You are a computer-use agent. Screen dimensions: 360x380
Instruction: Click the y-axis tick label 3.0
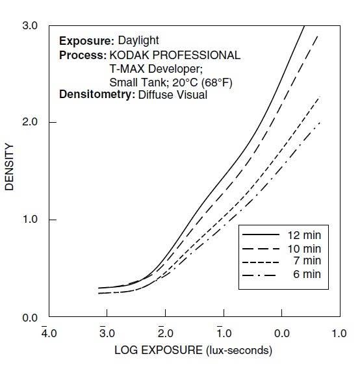tap(30, 26)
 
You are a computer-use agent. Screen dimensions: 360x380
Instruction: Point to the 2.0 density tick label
tap(30, 121)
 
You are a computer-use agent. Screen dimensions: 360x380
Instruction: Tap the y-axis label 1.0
tap(30, 220)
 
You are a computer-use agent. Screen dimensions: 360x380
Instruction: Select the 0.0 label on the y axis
tap(30, 318)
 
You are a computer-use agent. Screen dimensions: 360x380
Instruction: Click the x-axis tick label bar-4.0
tap(49, 332)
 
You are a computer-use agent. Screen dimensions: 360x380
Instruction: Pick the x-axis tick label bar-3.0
tap(107, 332)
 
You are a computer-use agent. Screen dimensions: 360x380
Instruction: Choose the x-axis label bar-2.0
tap(166, 332)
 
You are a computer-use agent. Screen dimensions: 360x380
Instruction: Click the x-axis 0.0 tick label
tap(282, 334)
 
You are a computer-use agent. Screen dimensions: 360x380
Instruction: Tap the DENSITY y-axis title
tap(9, 167)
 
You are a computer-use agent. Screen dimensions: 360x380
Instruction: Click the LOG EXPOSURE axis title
tap(193, 350)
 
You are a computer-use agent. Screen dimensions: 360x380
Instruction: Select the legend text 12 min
tap(304, 235)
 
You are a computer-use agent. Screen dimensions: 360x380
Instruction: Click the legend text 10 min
tap(304, 249)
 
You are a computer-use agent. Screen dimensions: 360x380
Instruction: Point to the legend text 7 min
tap(307, 260)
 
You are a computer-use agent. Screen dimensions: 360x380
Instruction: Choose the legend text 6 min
tap(307, 274)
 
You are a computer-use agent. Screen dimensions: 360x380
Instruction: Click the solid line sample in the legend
tap(261, 234)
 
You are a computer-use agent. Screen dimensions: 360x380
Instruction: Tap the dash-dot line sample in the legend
tap(259, 275)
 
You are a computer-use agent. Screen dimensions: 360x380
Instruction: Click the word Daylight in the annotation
tap(138, 41)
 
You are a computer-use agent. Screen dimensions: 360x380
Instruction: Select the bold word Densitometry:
tap(97, 95)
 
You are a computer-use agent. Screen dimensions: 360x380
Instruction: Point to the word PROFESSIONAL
tap(196, 55)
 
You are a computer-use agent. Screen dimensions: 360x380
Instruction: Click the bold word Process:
tap(83, 55)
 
